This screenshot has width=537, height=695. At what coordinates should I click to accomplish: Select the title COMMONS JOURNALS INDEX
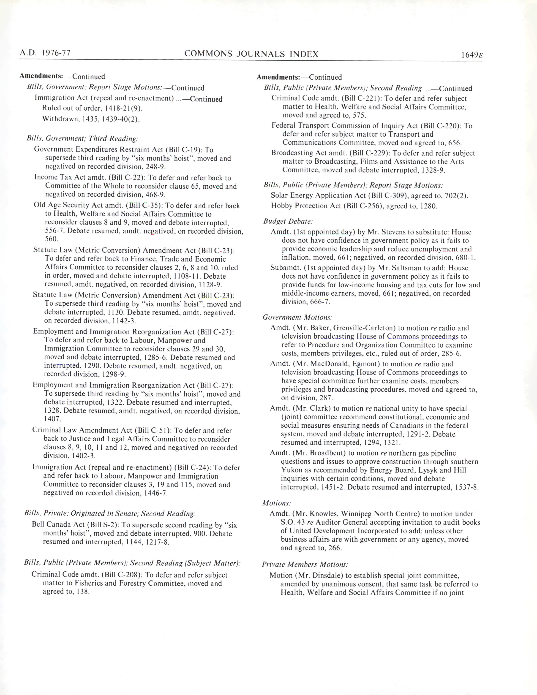pyautogui.click(x=251, y=54)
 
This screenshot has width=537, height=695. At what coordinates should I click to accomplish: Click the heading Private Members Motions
pyautogui.click(x=305, y=564)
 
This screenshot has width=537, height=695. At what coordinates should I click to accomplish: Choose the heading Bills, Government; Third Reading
pyautogui.click(x=82, y=138)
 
